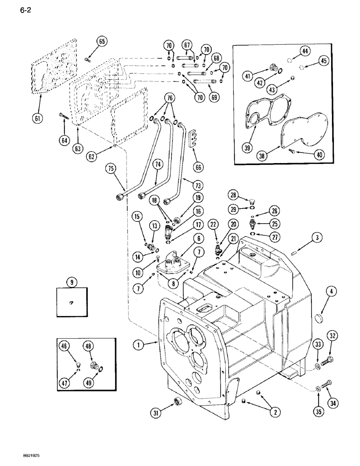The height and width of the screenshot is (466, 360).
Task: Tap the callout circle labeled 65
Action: [102, 41]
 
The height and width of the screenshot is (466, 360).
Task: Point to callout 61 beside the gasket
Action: [38, 118]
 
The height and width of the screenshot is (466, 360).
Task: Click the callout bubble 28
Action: [233, 194]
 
